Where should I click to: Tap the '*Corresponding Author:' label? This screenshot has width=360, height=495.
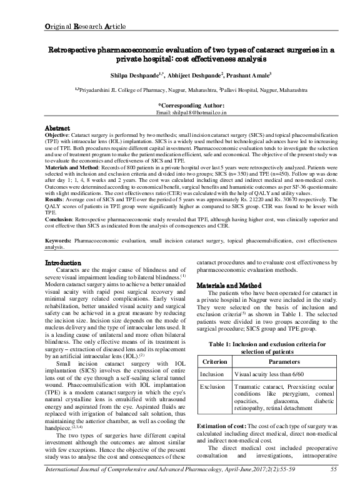[191, 106]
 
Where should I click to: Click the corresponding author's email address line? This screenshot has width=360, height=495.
[191, 114]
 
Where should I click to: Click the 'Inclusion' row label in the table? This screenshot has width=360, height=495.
[212, 374]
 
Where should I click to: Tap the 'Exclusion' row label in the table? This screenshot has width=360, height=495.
[212, 387]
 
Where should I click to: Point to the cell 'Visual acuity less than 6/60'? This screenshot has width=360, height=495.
[272, 374]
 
